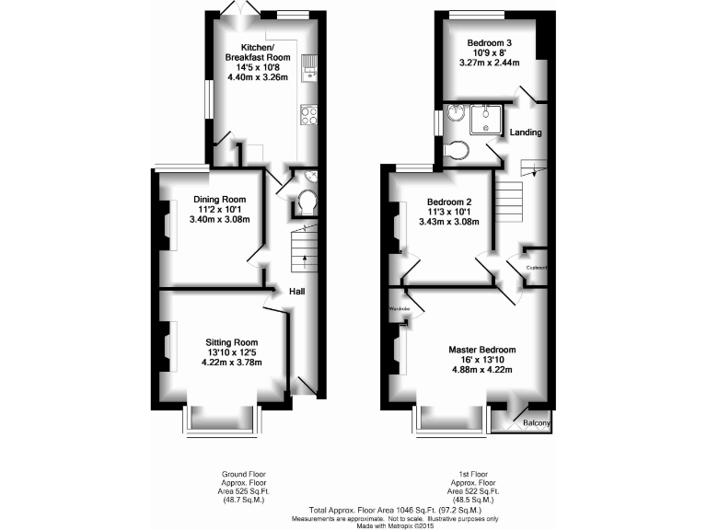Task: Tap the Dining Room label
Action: (219, 199)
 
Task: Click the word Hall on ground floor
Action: (297, 292)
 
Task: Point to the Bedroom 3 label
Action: (490, 42)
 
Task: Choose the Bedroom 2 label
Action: (449, 202)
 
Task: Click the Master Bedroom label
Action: (481, 350)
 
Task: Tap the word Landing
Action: (526, 132)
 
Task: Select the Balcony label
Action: (537, 423)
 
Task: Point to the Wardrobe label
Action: (398, 309)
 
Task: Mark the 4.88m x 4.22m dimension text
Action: (481, 370)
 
